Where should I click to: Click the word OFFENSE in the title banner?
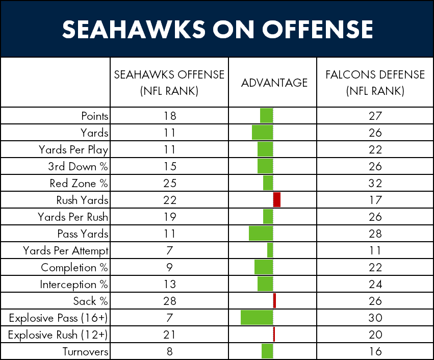click(x=318, y=29)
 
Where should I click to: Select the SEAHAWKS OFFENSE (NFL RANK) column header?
click(x=169, y=83)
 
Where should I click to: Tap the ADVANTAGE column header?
click(x=274, y=83)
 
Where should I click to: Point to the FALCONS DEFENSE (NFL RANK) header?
click(x=375, y=83)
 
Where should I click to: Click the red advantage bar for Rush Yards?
click(x=277, y=199)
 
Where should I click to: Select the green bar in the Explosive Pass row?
click(x=257, y=317)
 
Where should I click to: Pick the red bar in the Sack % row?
click(x=274, y=300)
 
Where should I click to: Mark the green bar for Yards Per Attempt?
click(x=270, y=250)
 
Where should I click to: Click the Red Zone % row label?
click(x=79, y=183)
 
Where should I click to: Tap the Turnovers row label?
click(x=85, y=351)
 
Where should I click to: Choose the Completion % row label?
click(x=74, y=268)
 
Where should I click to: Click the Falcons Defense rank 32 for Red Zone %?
click(x=375, y=183)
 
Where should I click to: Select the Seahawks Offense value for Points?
click(x=170, y=116)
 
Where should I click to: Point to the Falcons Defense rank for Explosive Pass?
click(x=375, y=318)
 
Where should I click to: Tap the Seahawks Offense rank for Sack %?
click(x=170, y=301)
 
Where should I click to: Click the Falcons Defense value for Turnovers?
click(x=375, y=351)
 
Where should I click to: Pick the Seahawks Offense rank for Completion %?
click(x=169, y=267)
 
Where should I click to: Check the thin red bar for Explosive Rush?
click(x=274, y=335)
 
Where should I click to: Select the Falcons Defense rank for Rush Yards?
click(x=375, y=200)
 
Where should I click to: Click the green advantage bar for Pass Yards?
click(x=261, y=233)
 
